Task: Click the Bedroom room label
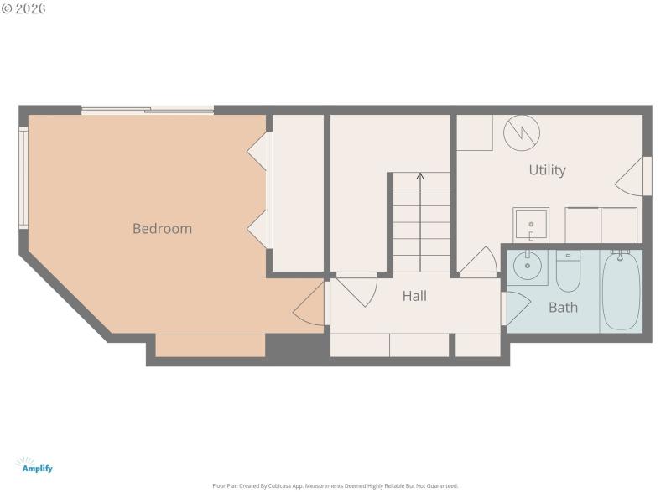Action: tap(162, 228)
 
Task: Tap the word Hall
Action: tap(414, 296)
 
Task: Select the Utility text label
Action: tap(547, 170)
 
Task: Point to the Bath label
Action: tap(563, 308)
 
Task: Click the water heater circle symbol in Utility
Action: tap(521, 132)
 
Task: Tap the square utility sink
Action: tap(531, 225)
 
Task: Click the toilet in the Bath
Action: tap(569, 270)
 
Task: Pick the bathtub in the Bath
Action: tap(621, 289)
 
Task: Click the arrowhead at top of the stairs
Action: tap(420, 176)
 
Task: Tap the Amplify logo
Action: tap(35, 465)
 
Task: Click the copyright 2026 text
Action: tap(24, 8)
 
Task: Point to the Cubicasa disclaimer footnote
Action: tap(335, 486)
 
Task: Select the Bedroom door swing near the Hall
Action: tap(310, 306)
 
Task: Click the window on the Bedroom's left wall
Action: tap(23, 177)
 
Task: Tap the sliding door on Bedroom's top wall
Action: tap(148, 110)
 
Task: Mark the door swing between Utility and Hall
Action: tap(478, 262)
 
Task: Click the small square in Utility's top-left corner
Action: tap(474, 132)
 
